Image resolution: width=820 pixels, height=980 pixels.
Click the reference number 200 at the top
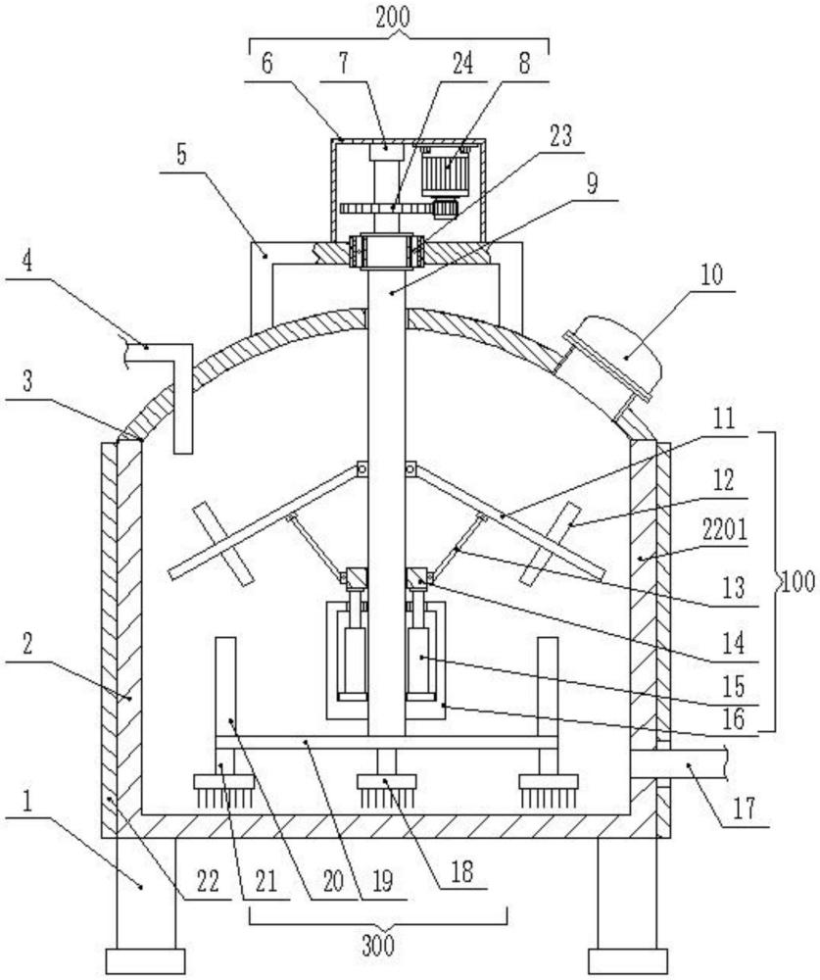click(393, 17)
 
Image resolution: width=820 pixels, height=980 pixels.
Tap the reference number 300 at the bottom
click(378, 945)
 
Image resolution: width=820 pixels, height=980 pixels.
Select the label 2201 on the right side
click(724, 531)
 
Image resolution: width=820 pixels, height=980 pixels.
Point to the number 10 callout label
click(710, 275)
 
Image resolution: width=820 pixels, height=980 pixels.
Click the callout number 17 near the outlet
click(744, 808)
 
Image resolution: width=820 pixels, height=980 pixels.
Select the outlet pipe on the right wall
click(679, 763)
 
